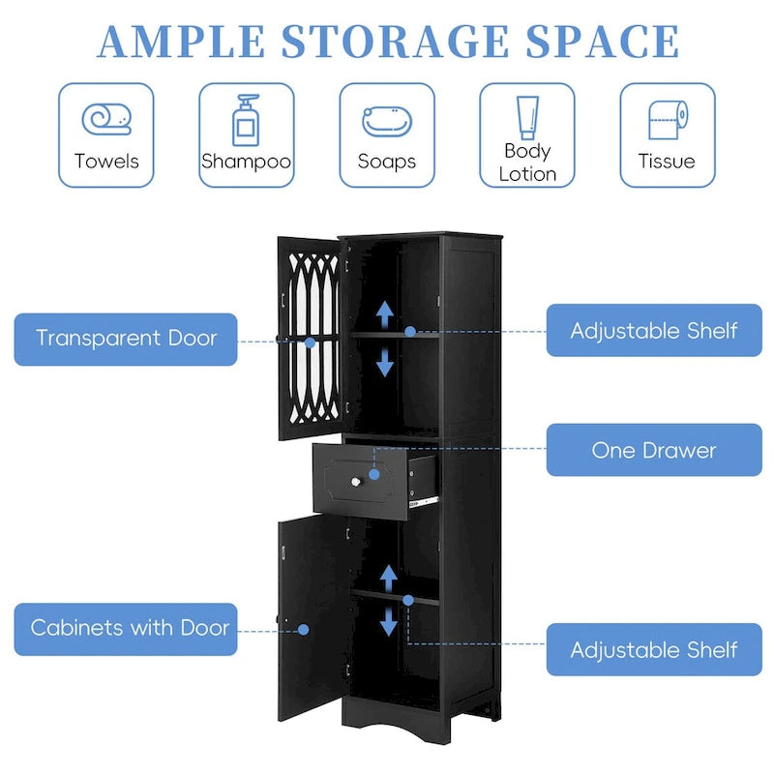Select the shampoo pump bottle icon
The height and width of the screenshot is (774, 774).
tap(246, 120)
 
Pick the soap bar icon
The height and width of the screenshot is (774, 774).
tap(387, 121)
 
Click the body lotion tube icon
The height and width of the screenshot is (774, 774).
tap(527, 116)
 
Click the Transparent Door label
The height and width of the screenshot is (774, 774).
tap(126, 339)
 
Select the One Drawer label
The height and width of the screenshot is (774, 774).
tap(654, 450)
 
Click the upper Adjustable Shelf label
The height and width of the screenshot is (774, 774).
tap(654, 331)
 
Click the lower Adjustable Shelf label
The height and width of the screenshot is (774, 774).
tap(654, 650)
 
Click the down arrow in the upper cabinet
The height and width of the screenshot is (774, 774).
tap(385, 363)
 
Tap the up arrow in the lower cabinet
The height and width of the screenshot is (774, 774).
tap(389, 578)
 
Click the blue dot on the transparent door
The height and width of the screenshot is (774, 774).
tap(310, 342)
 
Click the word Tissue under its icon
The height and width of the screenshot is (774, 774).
tap(667, 162)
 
